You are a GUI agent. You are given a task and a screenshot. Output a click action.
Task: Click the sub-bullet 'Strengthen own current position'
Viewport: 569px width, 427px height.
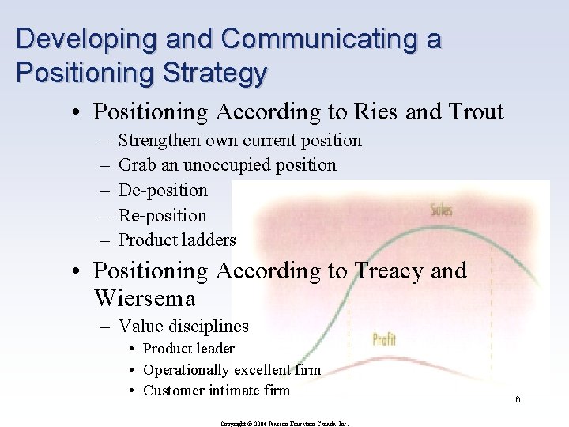click(x=239, y=141)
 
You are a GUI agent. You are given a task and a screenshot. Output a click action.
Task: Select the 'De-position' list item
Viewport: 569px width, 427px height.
click(x=163, y=191)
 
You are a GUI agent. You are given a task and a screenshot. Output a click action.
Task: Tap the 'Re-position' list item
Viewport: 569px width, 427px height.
click(x=162, y=215)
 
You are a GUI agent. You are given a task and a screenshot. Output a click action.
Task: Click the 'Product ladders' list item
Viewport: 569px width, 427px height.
click(x=177, y=240)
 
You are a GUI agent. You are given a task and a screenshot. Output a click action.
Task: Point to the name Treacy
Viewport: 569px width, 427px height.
click(x=382, y=271)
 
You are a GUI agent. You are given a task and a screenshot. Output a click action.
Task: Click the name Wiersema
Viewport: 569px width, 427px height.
click(x=145, y=298)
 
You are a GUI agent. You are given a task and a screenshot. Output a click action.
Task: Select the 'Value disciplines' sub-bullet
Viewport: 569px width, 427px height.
click(x=183, y=326)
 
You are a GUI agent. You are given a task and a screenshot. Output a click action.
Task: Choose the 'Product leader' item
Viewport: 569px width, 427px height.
click(x=189, y=349)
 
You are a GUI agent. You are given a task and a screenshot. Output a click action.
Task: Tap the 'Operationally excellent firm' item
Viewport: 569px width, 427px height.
click(x=232, y=369)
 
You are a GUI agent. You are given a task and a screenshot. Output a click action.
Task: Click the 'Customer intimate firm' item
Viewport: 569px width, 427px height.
click(x=217, y=390)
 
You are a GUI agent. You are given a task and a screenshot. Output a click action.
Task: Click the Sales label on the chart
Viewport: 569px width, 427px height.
click(x=441, y=210)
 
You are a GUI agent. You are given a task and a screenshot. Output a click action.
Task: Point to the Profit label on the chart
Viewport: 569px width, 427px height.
click(x=383, y=340)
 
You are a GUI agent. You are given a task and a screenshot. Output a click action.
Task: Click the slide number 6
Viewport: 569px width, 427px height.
click(x=518, y=399)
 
